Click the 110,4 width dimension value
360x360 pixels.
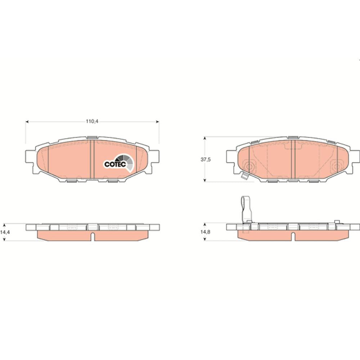pos(92,121)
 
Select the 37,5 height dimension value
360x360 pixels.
pos(206,159)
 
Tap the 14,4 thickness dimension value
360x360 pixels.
pos(5,232)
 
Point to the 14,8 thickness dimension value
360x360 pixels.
pos(205,232)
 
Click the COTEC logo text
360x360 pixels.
pos(115,165)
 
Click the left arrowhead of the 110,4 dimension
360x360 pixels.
pos(27,122)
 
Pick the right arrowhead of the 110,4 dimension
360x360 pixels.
pos(158,122)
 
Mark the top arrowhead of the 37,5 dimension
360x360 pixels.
pos(205,138)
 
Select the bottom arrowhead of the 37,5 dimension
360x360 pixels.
pos(205,180)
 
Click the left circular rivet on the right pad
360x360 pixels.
pos(249,166)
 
